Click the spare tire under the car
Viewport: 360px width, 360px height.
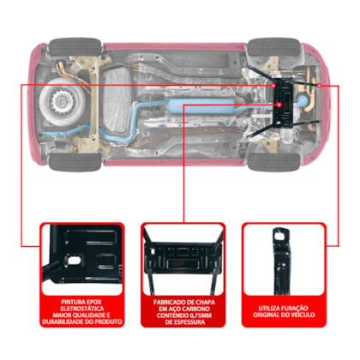click(x=63, y=102)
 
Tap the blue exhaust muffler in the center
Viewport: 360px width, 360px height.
click(x=201, y=106)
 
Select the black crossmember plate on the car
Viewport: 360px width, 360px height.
click(x=284, y=102)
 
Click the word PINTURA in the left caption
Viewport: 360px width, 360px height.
click(x=71, y=302)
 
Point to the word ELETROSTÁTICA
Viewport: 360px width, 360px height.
click(x=82, y=309)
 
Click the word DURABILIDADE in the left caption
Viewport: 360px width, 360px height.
click(x=63, y=321)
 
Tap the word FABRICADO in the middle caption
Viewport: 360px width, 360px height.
click(x=167, y=303)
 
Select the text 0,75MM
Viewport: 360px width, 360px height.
click(x=201, y=315)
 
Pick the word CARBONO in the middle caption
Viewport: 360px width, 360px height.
click(x=196, y=309)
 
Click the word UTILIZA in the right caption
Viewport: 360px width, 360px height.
click(x=268, y=309)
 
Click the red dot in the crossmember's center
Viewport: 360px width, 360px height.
click(x=279, y=105)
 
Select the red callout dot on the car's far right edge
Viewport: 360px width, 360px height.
click(x=320, y=86)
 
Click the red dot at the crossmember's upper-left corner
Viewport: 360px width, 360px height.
click(x=273, y=85)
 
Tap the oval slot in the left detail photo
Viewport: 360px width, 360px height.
click(x=74, y=261)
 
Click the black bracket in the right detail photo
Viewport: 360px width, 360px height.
click(x=282, y=261)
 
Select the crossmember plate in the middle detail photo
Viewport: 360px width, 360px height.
click(x=183, y=255)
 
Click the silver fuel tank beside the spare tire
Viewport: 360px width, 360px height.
click(x=117, y=101)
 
